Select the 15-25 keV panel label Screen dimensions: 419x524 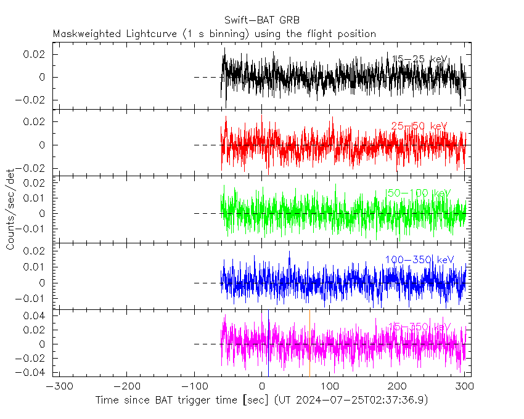tap(419, 59)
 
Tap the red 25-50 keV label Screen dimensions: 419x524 tap(419, 126)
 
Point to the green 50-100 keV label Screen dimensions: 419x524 tap(419, 193)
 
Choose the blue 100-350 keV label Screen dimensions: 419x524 tap(419, 259)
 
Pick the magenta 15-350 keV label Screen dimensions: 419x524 tap(419, 327)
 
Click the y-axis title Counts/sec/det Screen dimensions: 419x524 tap(10, 212)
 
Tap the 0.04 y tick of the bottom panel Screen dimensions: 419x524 tap(38, 315)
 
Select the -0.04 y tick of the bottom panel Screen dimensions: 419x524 tap(36, 372)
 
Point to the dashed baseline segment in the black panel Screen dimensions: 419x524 tap(207, 77)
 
